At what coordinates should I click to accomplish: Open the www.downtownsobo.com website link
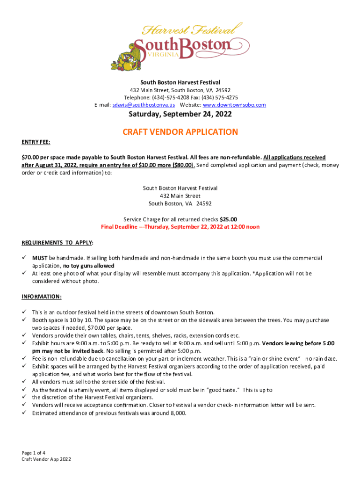[234, 105]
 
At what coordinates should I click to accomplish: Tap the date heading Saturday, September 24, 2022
[180, 116]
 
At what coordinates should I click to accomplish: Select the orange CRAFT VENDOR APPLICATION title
[180, 132]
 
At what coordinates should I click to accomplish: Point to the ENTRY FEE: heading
[36, 141]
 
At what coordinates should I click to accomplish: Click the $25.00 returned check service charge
[228, 219]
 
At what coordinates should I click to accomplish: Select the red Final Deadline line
[180, 227]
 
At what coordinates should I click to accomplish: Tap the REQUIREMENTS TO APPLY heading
[57, 243]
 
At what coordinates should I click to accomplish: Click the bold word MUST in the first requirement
[40, 258]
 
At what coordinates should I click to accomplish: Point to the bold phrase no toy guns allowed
[89, 266]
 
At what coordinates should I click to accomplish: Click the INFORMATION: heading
[42, 297]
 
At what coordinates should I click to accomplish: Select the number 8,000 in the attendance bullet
[177, 413]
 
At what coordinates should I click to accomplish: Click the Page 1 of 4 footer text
[33, 453]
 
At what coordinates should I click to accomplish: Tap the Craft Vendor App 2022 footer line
[46, 459]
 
